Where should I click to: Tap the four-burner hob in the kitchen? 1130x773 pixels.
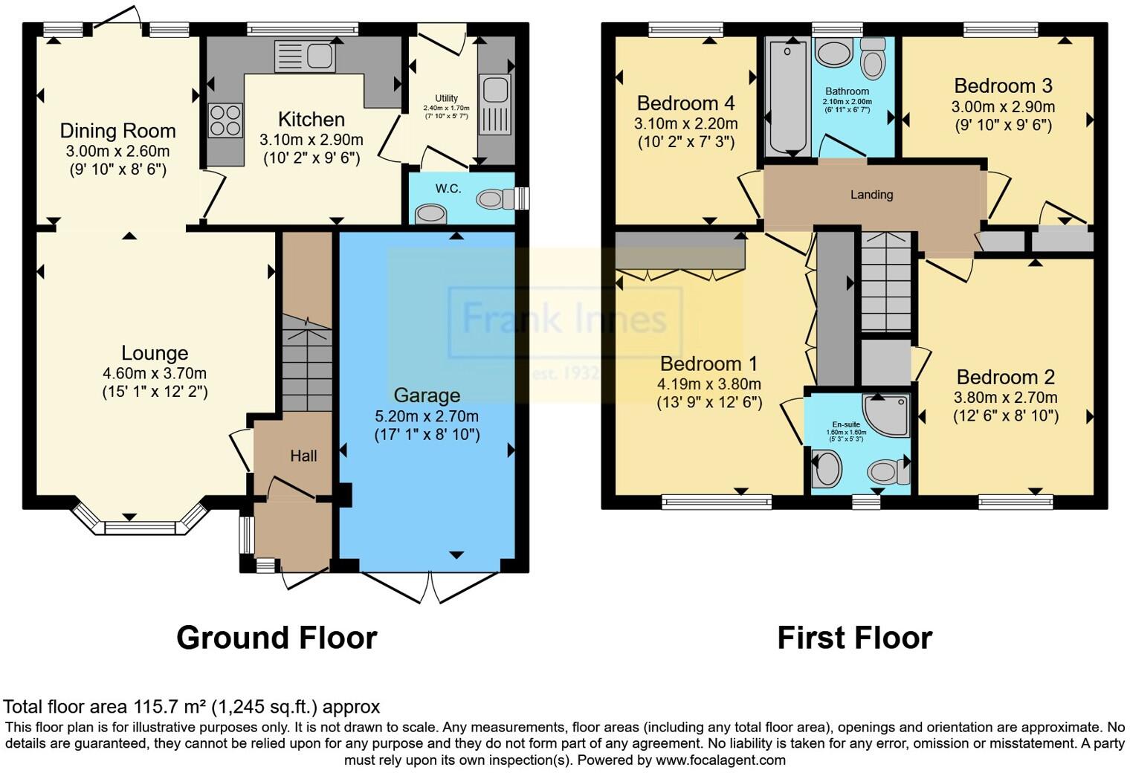225,120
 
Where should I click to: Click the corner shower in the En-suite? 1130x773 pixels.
886,415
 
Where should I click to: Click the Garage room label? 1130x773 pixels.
427,395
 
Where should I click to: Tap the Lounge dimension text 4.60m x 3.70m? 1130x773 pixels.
155,373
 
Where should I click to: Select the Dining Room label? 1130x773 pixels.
117,132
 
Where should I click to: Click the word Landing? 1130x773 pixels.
871,195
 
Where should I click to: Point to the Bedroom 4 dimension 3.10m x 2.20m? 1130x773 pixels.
685,123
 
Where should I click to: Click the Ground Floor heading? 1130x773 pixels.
277,638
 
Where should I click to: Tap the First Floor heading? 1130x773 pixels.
854,638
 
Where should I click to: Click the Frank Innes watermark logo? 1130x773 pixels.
564,320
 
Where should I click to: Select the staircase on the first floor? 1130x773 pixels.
886,282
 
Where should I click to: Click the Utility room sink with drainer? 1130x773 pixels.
494,104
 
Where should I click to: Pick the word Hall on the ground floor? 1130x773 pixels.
303,456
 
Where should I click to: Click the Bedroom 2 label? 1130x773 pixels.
1005,377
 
